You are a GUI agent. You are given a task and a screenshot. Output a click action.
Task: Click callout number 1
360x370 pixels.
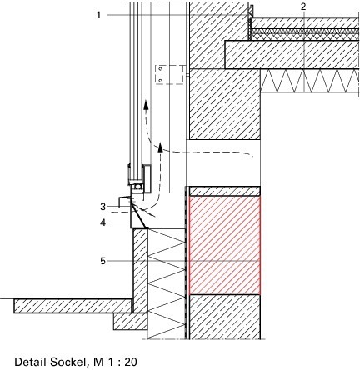[x=98, y=15]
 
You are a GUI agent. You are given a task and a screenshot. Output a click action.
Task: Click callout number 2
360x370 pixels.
[x=303, y=7]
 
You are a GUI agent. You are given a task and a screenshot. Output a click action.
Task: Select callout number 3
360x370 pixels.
[x=103, y=207]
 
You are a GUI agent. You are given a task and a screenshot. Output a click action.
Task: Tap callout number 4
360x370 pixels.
[x=103, y=222]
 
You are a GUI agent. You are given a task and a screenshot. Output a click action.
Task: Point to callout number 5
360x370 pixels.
[x=103, y=261]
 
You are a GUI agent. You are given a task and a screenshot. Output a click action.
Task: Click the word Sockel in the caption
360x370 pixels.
[x=67, y=362]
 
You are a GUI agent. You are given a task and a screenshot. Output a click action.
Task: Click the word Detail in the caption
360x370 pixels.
[x=31, y=362]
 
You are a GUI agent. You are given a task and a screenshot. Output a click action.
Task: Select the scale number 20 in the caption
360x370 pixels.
[x=131, y=362]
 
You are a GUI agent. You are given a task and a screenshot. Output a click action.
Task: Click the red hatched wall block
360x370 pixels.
[x=225, y=246]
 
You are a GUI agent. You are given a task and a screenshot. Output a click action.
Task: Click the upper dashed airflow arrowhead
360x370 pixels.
[x=146, y=105]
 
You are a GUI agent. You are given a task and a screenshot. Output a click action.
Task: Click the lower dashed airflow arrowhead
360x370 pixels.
[x=160, y=147]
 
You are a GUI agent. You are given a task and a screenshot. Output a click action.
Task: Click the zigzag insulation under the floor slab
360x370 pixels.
[x=310, y=81]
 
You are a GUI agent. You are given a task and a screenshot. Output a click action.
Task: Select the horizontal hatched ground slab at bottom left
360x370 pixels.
[x=73, y=306]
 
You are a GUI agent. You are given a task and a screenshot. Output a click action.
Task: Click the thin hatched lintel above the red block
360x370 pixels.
[x=225, y=191]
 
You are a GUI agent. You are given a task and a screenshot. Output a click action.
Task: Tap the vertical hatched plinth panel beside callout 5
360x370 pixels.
[x=140, y=271]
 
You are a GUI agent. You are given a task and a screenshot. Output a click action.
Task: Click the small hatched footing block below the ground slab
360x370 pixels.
[x=130, y=322]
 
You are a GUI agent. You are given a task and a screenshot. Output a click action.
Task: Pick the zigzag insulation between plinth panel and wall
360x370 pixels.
[x=166, y=283]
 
